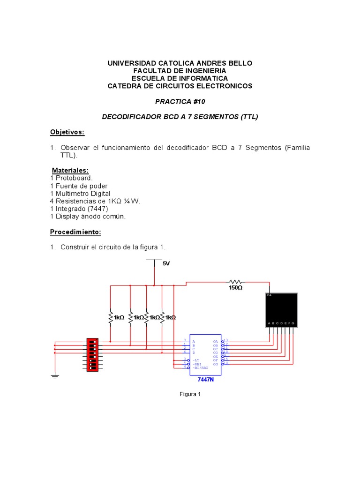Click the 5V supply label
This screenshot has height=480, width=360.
tap(166, 263)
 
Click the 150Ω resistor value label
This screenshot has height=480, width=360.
tap(235, 287)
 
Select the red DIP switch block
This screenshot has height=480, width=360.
tap(92, 354)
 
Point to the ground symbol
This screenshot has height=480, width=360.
tap(55, 376)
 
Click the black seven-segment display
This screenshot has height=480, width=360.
tap(281, 310)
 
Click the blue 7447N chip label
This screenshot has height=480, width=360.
tap(205, 379)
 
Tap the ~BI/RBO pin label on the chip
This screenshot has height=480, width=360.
tap(201, 368)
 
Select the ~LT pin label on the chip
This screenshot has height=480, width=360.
tap(196, 360)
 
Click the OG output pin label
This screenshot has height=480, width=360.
tap(216, 364)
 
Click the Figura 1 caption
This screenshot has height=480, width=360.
tap(190, 394)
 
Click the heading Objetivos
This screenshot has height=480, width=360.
tap(67, 132)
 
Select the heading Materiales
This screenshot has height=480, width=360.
tap(70, 170)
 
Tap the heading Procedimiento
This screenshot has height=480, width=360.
tap(75, 232)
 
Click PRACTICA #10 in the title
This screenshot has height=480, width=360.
tap(180, 101)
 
